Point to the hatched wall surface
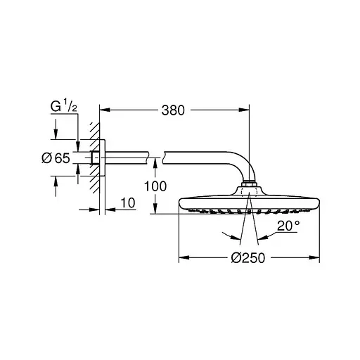click(x=91, y=158)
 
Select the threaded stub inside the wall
click(x=95, y=158)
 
